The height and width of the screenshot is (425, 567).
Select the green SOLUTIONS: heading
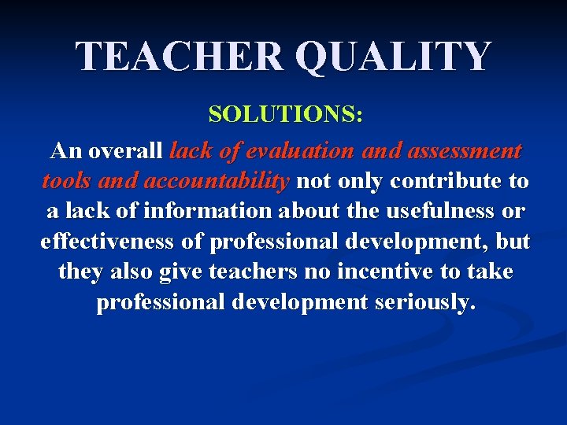[285, 115]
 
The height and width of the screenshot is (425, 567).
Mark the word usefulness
[441, 211]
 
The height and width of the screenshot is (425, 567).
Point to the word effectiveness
[109, 242]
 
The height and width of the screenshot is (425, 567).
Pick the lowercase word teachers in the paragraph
[254, 272]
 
